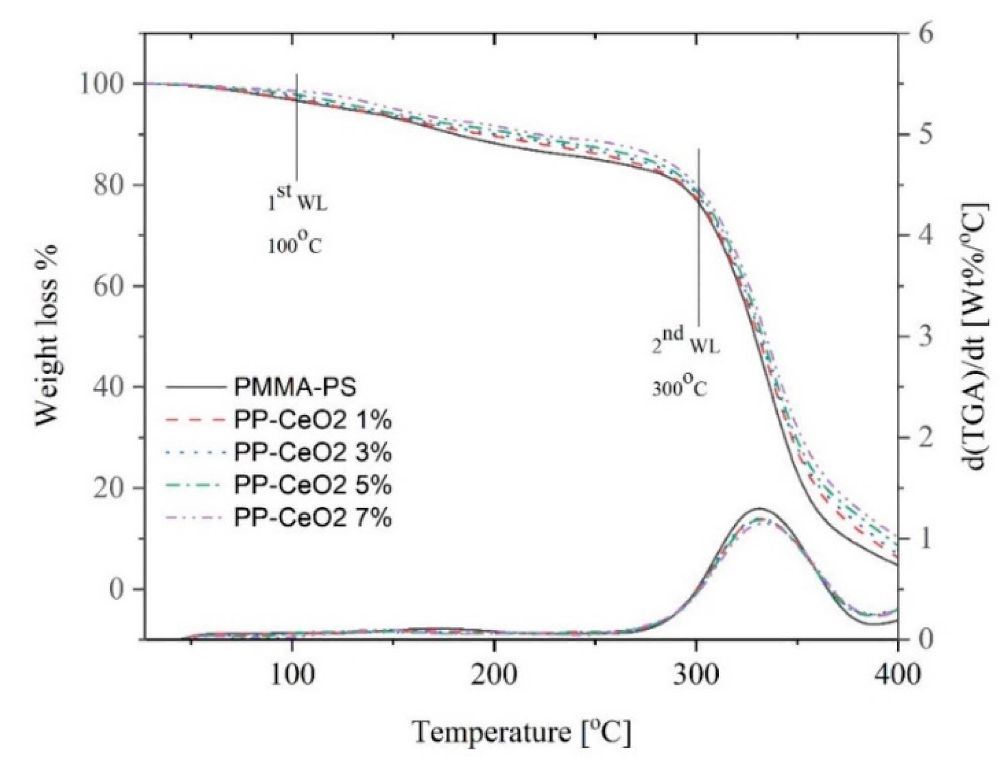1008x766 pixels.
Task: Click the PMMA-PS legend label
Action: coord(295,388)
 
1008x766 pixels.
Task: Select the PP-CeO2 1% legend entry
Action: coord(312,421)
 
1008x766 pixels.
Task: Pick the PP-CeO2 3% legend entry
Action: coord(312,453)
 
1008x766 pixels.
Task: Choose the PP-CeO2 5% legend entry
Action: coord(312,485)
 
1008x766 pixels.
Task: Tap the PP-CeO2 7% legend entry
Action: coord(312,518)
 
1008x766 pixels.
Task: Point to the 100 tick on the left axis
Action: coord(107,84)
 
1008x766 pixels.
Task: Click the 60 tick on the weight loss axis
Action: coord(115,286)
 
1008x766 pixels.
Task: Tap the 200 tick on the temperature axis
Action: coord(494,675)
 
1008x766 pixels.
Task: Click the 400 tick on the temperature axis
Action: coord(897,675)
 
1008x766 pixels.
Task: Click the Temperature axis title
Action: coord(521,732)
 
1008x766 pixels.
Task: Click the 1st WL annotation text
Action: coord(297,200)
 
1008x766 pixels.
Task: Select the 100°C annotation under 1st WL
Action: coord(294,245)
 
